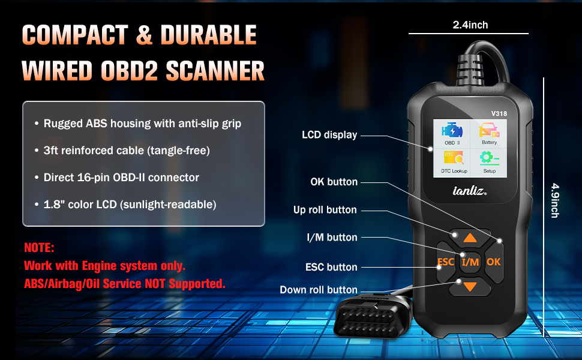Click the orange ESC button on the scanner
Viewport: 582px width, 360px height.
tap(445, 262)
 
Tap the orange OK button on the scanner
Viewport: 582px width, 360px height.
tap(494, 262)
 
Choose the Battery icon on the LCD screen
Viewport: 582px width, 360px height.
tap(488, 135)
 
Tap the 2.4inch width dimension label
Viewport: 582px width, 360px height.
tap(470, 25)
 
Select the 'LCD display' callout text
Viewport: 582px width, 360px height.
tap(329, 135)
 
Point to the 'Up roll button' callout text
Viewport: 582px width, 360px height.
tap(325, 210)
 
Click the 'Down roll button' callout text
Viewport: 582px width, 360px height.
tap(319, 290)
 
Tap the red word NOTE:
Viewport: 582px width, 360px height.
tap(40, 247)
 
